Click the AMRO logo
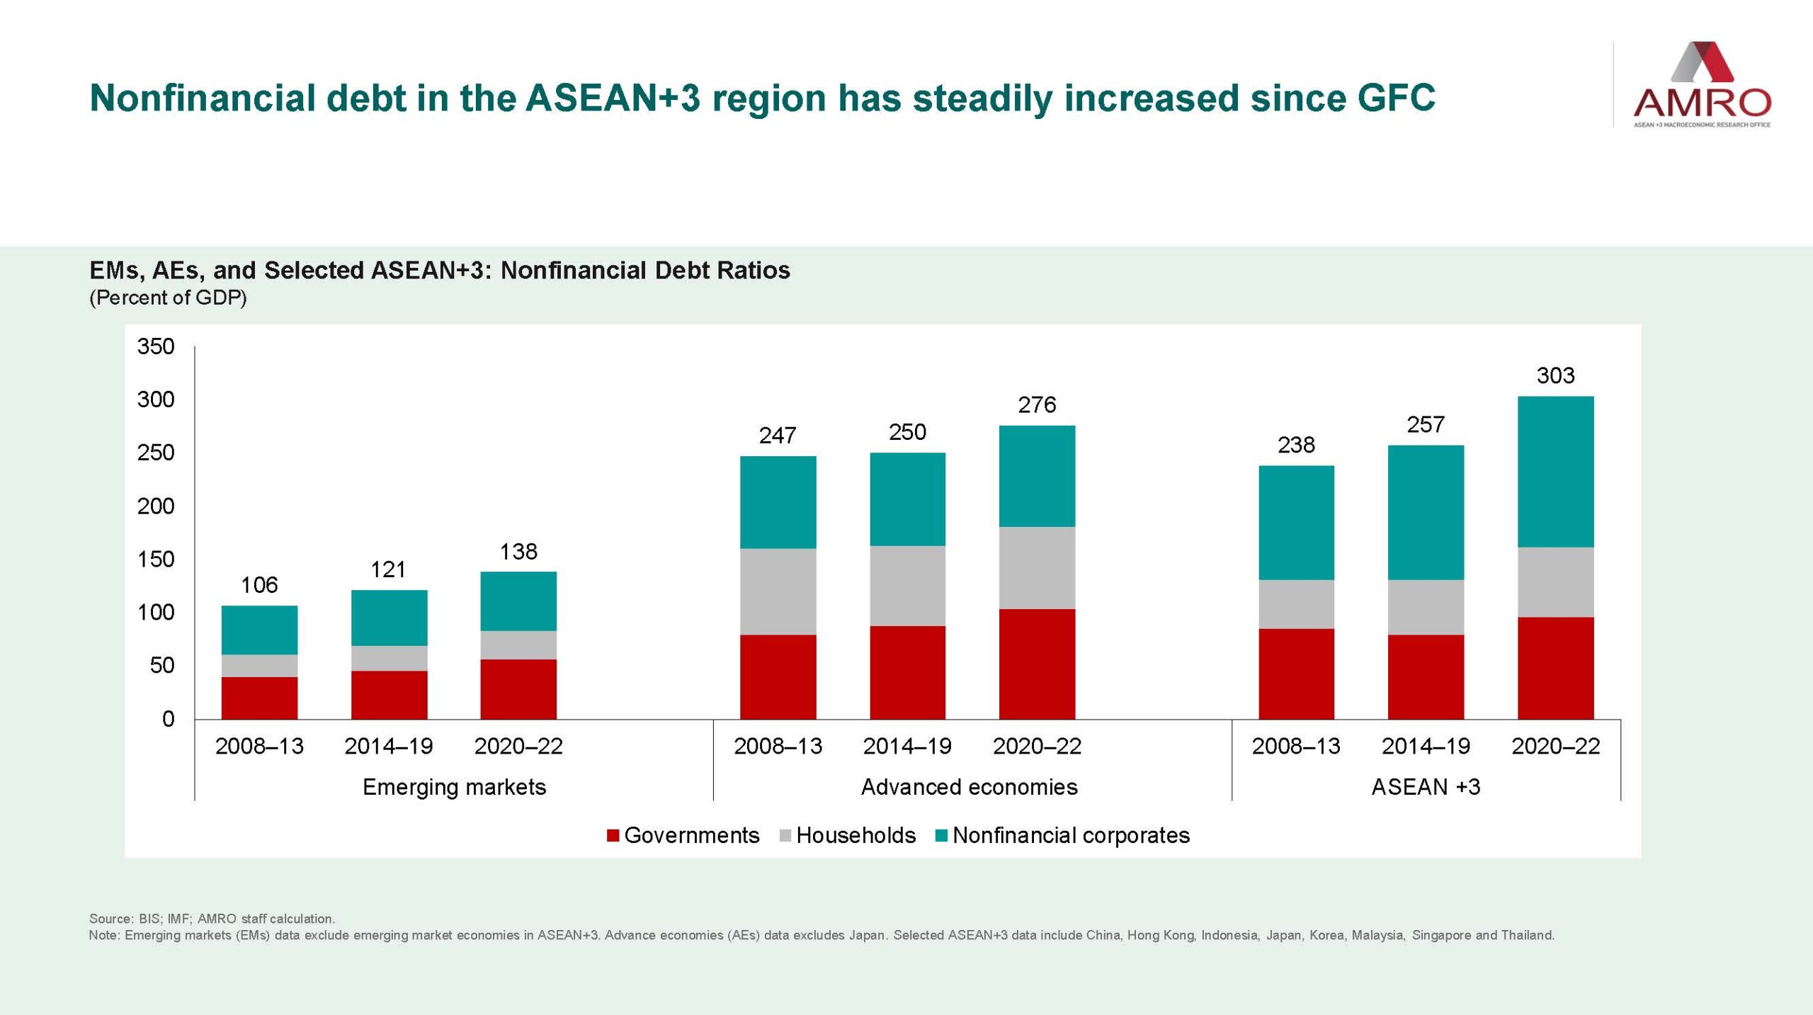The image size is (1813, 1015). coord(1701,85)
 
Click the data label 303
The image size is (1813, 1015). coord(1555,375)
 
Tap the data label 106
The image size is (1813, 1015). coord(259,585)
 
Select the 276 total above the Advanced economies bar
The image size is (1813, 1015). coord(1037,405)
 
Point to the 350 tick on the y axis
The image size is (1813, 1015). coord(156,346)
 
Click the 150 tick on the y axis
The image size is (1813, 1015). coord(156,560)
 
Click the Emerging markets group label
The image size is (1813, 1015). coord(454,787)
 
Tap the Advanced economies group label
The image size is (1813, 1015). coord(969,787)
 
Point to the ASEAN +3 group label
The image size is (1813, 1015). coord(1426,787)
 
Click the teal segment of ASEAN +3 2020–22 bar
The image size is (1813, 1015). coord(1555,471)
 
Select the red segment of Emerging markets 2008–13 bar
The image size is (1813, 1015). coord(259,698)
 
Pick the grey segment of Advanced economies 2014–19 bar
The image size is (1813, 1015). coord(907,586)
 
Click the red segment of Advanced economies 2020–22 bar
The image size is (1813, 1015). coord(1037,664)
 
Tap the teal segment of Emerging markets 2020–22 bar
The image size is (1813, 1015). coord(518,601)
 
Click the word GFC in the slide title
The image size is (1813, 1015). coord(1396,98)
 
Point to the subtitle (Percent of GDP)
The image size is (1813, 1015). coord(168,297)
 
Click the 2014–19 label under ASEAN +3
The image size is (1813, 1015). coord(1426,746)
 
